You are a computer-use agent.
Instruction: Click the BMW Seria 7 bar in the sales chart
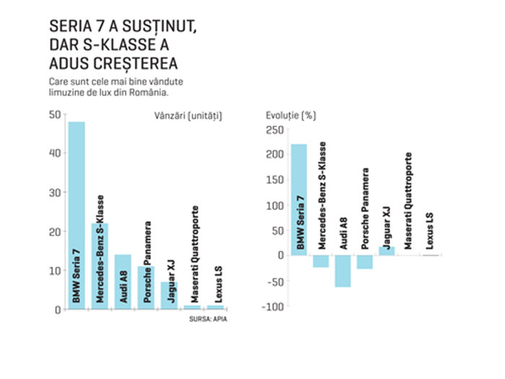tap(76, 215)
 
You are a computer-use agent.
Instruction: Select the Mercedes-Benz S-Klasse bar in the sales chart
tap(100, 266)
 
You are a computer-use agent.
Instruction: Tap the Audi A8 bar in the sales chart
tap(123, 282)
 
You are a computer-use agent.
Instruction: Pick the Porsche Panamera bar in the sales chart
tap(146, 288)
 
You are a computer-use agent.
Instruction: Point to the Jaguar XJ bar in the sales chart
tap(170, 295)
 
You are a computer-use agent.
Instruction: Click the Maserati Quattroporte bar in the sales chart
tap(193, 308)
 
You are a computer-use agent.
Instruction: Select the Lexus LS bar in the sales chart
tap(216, 308)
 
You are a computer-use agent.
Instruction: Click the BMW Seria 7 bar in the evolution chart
tap(299, 200)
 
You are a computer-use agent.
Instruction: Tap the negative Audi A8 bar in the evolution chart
tap(343, 271)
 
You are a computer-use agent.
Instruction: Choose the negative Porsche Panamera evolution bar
tap(364, 262)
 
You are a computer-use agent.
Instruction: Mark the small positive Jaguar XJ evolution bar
tap(387, 251)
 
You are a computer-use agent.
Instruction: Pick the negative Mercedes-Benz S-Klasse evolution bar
tap(321, 261)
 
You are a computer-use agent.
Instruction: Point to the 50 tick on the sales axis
tap(55, 114)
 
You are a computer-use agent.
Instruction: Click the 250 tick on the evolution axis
tap(275, 130)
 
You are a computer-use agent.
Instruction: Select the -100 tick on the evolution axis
tap(273, 307)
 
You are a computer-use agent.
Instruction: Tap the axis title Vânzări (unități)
tap(188, 116)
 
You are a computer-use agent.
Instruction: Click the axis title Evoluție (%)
tap(291, 116)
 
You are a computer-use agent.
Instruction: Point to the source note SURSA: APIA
tap(208, 319)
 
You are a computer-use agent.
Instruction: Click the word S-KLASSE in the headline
tap(120, 45)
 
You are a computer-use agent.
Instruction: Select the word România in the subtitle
tap(149, 92)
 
